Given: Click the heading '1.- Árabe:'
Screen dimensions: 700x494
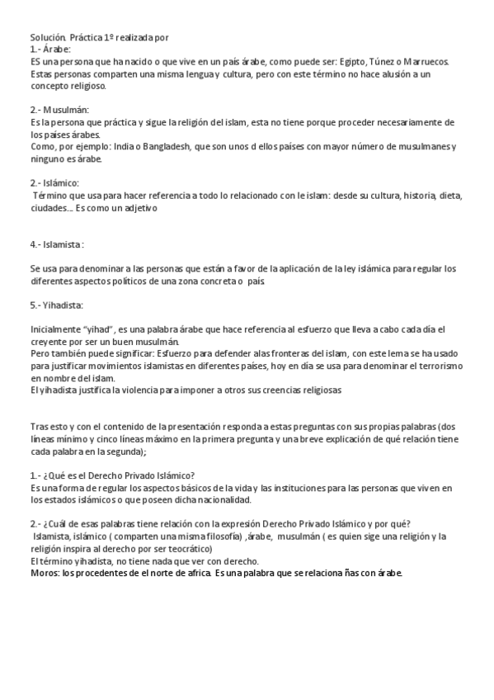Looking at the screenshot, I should pos(51,49).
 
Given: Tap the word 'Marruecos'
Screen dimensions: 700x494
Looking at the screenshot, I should pos(426,61).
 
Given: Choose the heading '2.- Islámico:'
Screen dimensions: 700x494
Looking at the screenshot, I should pos(54,182).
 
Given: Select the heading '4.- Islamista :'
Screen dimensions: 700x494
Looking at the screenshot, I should pos(58,245).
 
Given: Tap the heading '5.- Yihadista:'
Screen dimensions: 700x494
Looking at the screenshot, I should pos(58,305).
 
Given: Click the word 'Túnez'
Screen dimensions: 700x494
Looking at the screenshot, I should pos(390,61).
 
